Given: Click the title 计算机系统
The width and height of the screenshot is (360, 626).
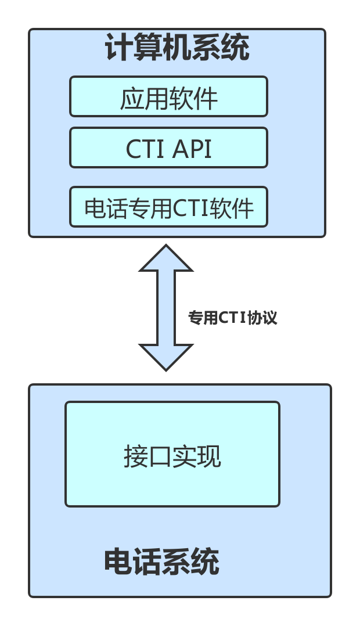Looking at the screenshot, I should point(177,48).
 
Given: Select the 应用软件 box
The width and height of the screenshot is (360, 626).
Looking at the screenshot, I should point(168,97).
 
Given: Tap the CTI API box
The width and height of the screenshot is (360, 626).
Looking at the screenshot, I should point(168,148).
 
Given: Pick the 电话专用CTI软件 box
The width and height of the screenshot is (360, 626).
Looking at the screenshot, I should point(168,207).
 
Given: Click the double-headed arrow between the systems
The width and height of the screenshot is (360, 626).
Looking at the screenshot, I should point(166,308).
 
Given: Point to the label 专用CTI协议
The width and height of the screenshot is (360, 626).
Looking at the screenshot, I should point(232,318).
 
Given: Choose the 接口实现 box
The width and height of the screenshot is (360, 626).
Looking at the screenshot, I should point(172,454).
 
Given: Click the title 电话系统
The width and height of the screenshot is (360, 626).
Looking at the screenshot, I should point(162,562).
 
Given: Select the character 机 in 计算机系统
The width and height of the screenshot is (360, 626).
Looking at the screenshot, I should point(177,48).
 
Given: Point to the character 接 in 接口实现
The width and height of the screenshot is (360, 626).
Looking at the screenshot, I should point(135,457).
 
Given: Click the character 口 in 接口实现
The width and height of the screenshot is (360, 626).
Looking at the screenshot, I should point(160,457).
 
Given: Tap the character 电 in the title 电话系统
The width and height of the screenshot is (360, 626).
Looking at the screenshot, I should point(118,562).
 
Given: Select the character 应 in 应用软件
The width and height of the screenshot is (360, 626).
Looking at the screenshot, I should point(132,98).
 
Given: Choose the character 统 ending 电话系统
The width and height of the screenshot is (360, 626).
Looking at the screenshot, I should point(205,562).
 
